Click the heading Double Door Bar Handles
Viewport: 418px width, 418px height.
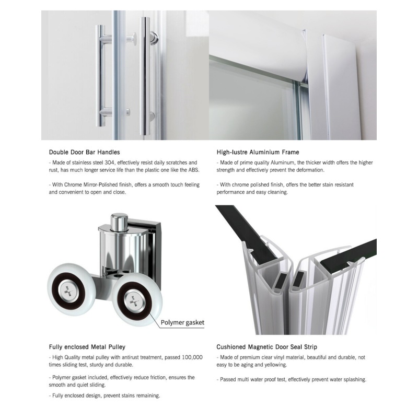(x=84, y=152)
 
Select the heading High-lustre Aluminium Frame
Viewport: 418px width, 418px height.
(x=258, y=152)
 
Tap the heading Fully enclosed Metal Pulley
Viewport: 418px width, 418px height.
(x=87, y=346)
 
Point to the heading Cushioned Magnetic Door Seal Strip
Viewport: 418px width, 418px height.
(x=266, y=346)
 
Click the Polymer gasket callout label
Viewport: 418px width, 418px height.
(x=182, y=322)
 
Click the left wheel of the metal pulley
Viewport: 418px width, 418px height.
(x=71, y=289)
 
